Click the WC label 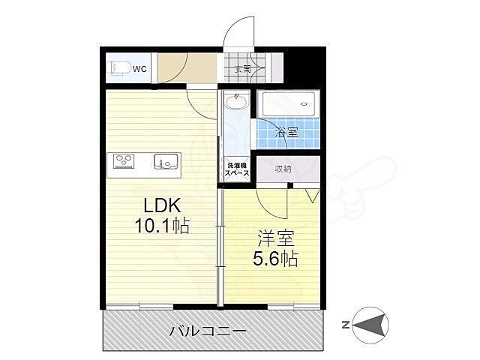pos(140,69)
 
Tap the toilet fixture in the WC pos(118,68)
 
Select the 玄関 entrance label pos(243,70)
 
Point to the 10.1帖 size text pos(162,224)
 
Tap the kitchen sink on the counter pos(166,160)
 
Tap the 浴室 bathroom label pos(286,133)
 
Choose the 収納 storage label pos(283,169)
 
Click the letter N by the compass pos(346,325)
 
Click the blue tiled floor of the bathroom pos(270,135)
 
